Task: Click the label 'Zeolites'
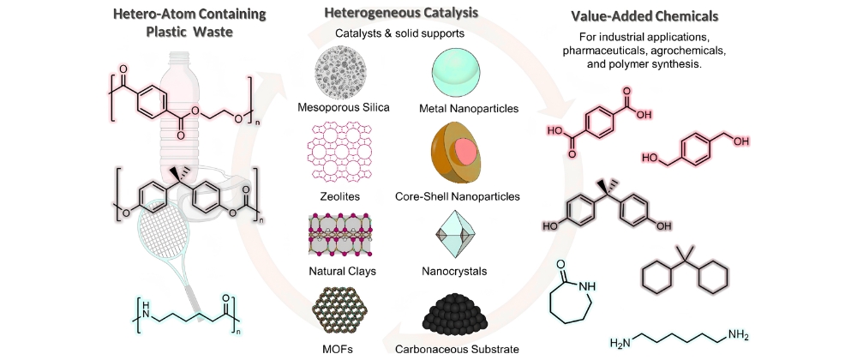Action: pos(339,196)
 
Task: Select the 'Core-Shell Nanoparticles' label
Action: pos(458,196)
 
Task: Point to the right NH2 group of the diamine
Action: pos(737,334)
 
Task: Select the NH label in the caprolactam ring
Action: pos(586,285)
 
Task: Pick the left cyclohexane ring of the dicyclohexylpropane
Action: pos(656,278)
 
